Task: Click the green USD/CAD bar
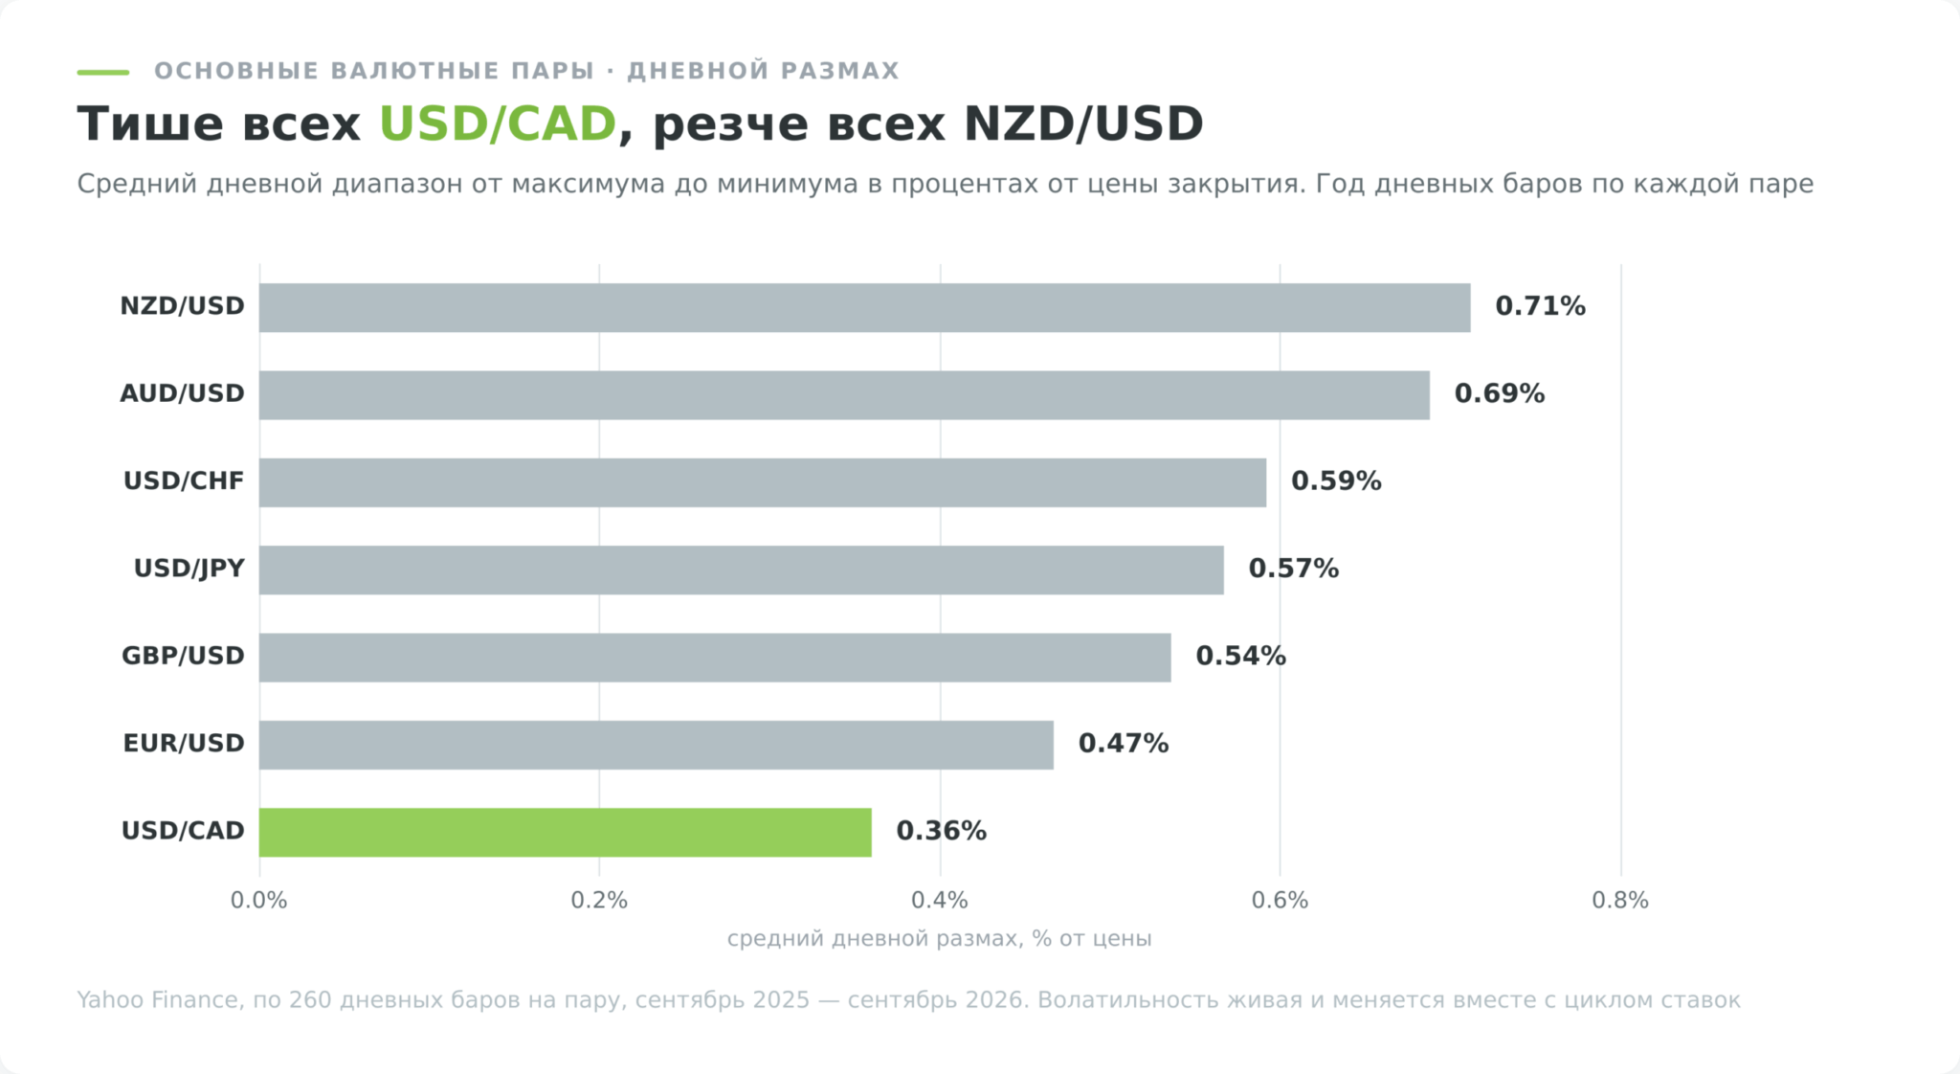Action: coord(565,832)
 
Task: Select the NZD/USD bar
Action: coord(864,307)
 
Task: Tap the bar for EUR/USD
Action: coord(657,745)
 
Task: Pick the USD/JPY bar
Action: coord(742,570)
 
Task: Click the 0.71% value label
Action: coord(1540,306)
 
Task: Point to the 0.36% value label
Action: coord(941,831)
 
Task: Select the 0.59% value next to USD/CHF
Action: coord(1336,481)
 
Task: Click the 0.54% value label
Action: coord(1240,656)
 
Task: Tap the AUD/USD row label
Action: coord(182,393)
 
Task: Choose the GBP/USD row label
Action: coord(183,656)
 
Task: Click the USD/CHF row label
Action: coord(184,481)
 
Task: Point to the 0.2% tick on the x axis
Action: coord(599,901)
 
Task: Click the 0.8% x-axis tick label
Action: coord(1620,901)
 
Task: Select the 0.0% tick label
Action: coord(258,901)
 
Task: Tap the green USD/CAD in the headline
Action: coord(498,124)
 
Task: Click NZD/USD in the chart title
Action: coord(1083,124)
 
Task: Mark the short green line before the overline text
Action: coord(102,72)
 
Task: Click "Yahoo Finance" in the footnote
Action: coord(157,1000)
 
